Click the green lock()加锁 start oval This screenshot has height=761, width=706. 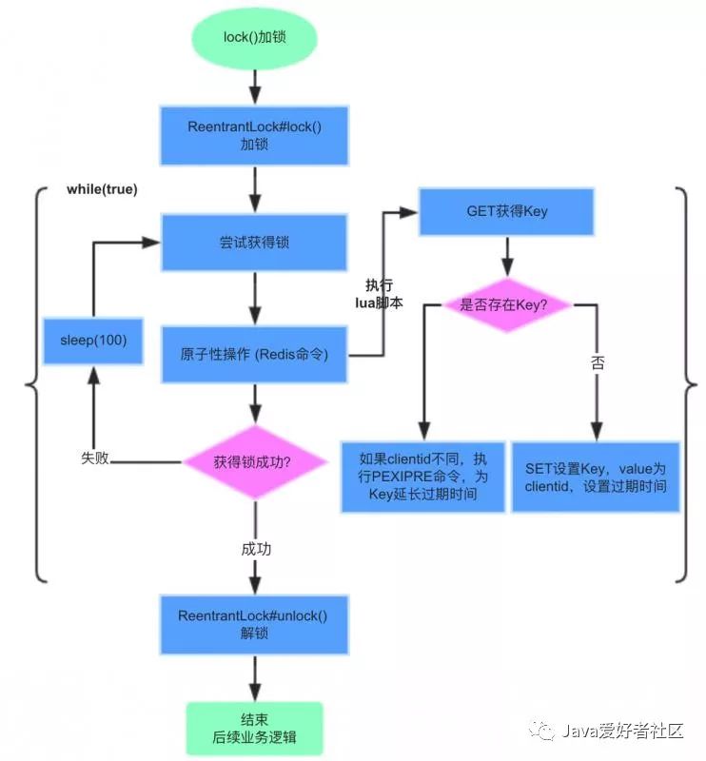[255, 38]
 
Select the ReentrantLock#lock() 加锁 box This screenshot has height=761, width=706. [255, 136]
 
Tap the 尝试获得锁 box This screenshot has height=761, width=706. [254, 243]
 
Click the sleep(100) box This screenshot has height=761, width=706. [92, 341]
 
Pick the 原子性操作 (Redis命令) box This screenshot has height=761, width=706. [254, 355]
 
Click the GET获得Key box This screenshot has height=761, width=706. [506, 211]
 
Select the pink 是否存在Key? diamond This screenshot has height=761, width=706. [506, 305]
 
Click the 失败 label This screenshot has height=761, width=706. [95, 459]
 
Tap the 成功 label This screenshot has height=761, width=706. [256, 550]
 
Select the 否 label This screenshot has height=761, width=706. [598, 364]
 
